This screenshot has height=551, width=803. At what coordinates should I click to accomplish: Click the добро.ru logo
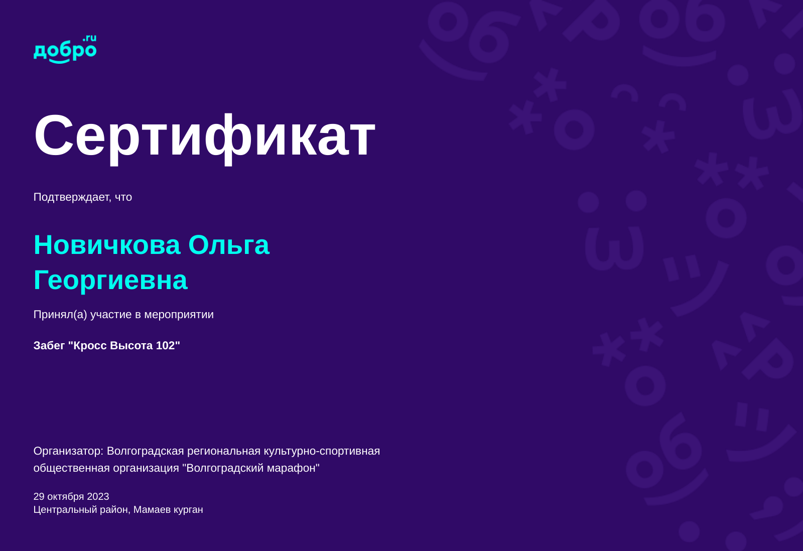pos(65,50)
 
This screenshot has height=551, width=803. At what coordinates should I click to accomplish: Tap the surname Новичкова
pos(107,245)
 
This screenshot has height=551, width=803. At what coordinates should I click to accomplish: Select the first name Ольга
pos(229,245)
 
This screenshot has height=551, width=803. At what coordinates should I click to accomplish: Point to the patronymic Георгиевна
pos(110,281)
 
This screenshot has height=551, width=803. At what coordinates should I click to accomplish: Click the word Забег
pos(49,346)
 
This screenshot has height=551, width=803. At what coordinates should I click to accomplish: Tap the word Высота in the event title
pos(131,346)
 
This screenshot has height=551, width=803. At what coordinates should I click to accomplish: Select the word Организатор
pos(68,451)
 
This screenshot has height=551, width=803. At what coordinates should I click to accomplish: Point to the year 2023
pos(98,496)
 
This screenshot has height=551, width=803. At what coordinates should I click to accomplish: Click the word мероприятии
pos(179,315)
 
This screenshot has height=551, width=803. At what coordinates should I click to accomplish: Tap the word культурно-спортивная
pos(322,451)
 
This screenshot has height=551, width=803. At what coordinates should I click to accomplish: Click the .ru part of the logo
pos(90,38)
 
